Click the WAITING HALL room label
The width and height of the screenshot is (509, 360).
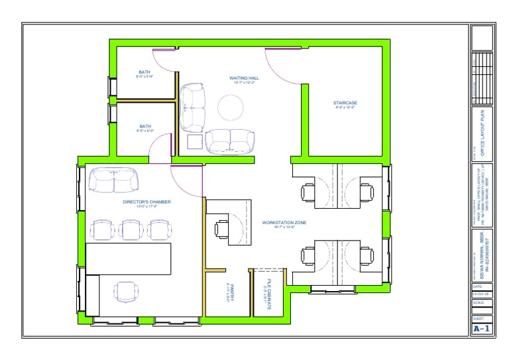245,78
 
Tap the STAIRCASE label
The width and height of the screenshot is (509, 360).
345,103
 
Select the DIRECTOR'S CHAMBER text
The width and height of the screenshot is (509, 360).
146,202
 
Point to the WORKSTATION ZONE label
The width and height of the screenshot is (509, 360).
283,222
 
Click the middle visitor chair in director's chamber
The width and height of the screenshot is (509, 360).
133,229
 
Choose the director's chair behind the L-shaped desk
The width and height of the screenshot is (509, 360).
125,290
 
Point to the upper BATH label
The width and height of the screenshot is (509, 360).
144,72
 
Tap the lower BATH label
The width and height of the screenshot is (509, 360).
144,126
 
